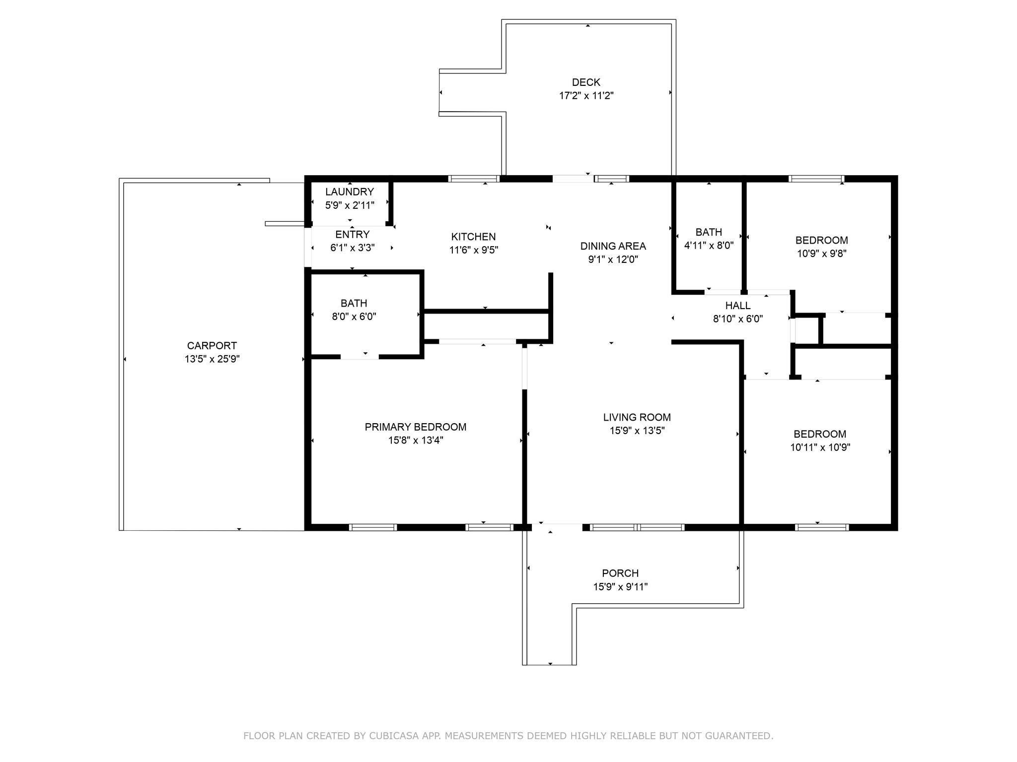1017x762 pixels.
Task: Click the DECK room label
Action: tap(586, 82)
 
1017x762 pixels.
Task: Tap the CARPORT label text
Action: tap(212, 346)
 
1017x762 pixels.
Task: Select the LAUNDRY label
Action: tap(350, 192)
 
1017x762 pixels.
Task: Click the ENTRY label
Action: tap(352, 235)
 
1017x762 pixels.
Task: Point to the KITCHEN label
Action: tap(473, 237)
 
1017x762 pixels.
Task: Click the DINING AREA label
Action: tap(613, 246)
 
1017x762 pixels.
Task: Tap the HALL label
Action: tap(738, 306)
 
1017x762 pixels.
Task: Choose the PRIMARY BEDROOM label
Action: tap(416, 427)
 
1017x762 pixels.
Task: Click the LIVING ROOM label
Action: tap(637, 418)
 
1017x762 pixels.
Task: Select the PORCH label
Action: tap(620, 573)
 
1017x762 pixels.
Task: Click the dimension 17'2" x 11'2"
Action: tap(586, 96)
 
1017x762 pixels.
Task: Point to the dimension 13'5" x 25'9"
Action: tap(212, 359)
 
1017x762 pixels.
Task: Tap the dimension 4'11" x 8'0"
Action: tap(709, 245)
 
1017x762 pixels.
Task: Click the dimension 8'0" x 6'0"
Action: tap(354, 317)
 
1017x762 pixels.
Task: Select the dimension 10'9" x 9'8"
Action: tap(821, 254)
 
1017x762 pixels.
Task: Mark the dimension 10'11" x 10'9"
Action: tap(820, 447)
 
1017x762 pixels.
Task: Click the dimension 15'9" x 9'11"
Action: tap(620, 587)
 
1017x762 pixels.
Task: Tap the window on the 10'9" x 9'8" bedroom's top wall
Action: tap(816, 179)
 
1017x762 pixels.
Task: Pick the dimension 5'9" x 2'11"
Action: tap(350, 205)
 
